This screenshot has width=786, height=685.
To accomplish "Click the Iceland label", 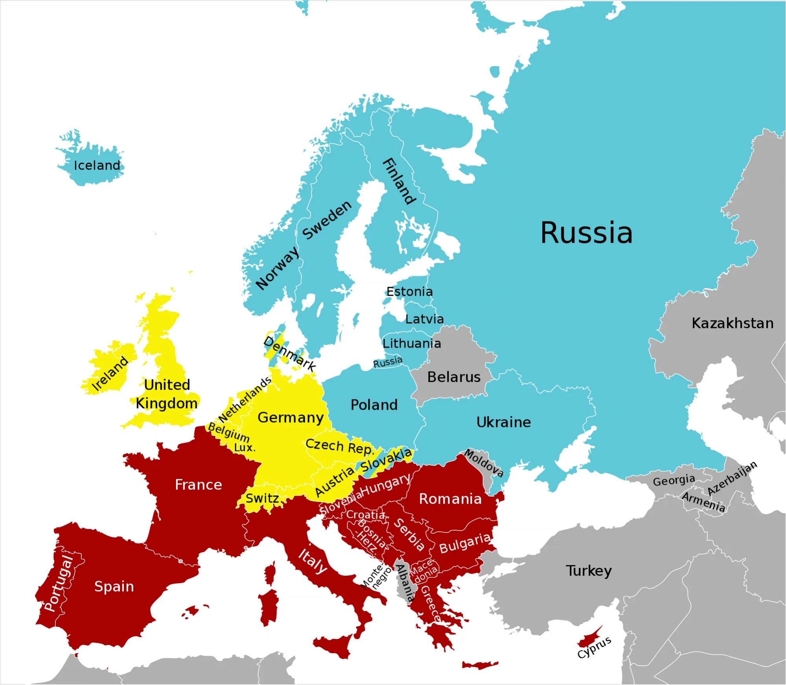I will click(97, 166).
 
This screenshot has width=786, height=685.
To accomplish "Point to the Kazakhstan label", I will click(733, 323).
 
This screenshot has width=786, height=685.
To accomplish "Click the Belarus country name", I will click(454, 377).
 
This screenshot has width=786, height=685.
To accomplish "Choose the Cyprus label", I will click(594, 647).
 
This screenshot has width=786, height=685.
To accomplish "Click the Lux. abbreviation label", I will click(245, 448).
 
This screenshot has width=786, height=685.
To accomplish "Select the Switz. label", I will click(263, 499).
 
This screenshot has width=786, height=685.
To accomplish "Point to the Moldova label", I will click(484, 463).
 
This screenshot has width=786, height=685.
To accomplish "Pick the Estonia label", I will click(409, 292).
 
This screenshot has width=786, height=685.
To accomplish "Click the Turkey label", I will click(589, 571).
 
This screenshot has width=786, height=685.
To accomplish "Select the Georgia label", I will click(674, 481).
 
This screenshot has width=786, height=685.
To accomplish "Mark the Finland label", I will click(399, 182).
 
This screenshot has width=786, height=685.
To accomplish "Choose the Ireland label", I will click(110, 374).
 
